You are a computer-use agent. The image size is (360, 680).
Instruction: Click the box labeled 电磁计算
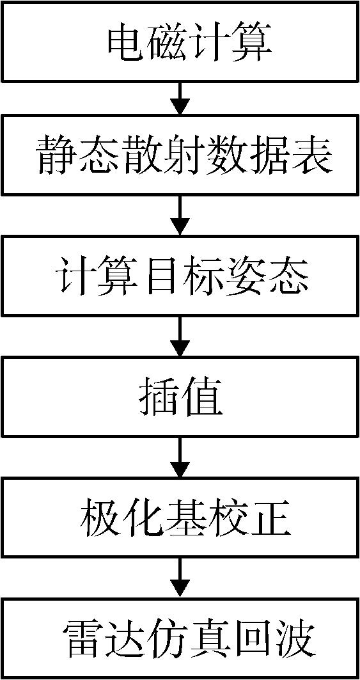[180, 41]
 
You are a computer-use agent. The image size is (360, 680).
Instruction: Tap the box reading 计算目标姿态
[180, 275]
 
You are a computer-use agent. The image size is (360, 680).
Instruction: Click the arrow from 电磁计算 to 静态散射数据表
[180, 99]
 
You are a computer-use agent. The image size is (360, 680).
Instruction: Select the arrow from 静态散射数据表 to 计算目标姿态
[180, 216]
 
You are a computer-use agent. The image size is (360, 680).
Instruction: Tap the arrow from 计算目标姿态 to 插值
[180, 336]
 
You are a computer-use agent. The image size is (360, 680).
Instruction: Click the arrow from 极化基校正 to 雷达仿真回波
[180, 578]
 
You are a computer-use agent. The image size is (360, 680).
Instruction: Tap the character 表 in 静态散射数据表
[312, 156]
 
